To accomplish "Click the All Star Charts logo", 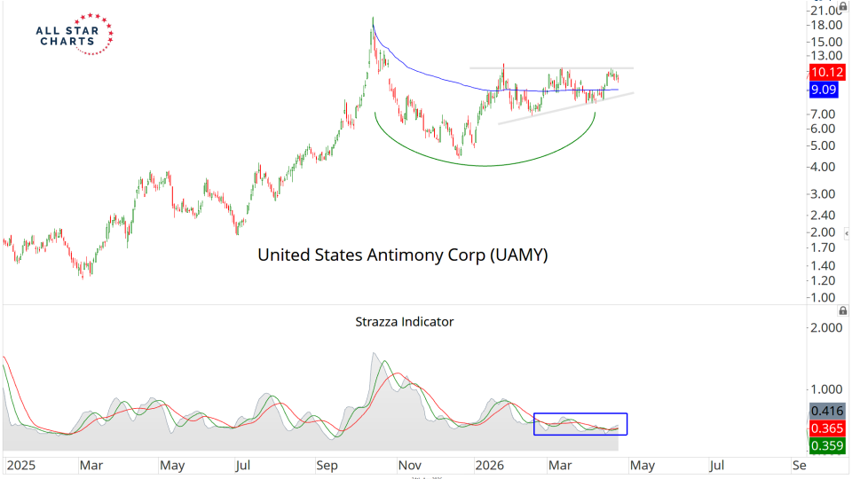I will pos(74,34).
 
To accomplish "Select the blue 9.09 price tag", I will pos(824,90).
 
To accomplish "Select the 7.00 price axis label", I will pos(824,114).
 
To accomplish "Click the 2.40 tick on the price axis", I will pos(824,214).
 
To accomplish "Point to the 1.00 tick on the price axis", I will pos(824,297).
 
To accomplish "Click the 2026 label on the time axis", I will pos(490,465).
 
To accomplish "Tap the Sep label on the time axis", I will pos(327,465).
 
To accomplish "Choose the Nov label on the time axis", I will pos(409,465).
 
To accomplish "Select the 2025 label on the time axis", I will pos(20,465).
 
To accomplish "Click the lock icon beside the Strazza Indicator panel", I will pos(843,311).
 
